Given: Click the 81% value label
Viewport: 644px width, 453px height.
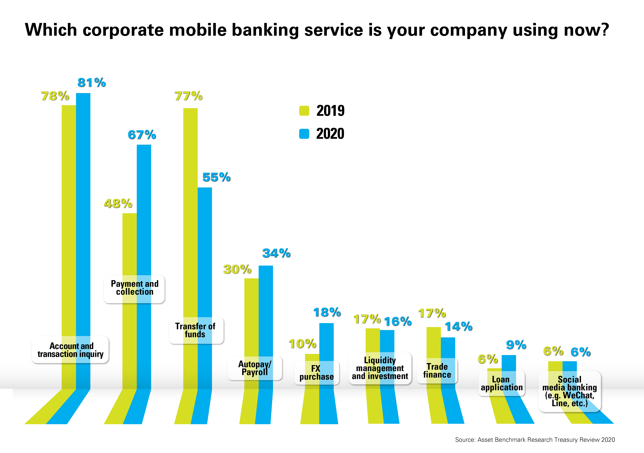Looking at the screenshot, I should (91, 82).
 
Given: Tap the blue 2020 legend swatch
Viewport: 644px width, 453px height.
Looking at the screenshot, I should (304, 134).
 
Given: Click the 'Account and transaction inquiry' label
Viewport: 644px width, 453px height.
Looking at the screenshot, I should (70, 350).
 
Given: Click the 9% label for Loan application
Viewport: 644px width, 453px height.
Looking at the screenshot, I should (516, 345).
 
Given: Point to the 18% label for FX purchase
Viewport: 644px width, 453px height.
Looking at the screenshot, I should (327, 312).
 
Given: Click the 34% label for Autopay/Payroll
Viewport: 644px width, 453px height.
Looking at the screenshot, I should (276, 253).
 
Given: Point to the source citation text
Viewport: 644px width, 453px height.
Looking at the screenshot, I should (535, 440).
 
